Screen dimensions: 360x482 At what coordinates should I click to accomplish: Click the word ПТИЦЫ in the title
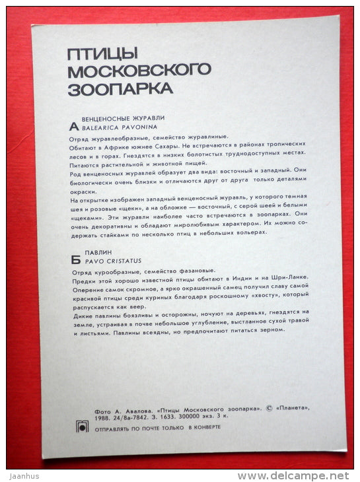pyautogui.click(x=94, y=53)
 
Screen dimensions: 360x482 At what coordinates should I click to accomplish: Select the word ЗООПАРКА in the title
pyautogui.click(x=121, y=87)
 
